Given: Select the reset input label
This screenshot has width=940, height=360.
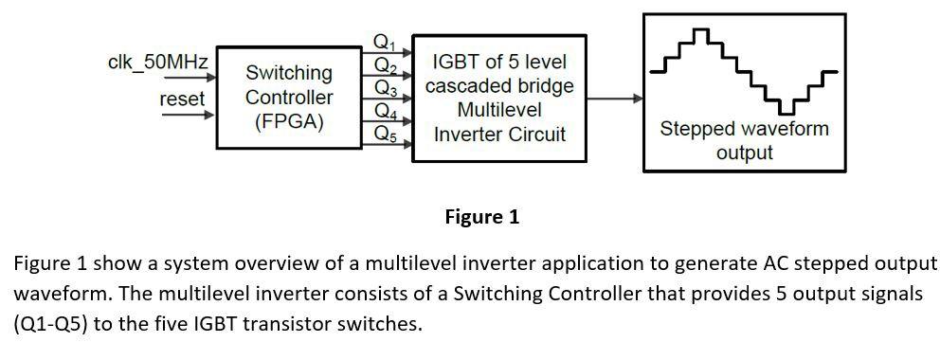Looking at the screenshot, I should [x=181, y=98].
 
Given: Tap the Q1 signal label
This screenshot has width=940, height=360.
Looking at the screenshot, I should [x=384, y=43].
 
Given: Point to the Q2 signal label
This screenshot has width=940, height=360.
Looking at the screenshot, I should [x=384, y=65].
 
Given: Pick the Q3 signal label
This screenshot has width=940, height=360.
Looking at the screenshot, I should [x=384, y=88].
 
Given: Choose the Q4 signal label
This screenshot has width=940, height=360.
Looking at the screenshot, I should [x=384, y=111].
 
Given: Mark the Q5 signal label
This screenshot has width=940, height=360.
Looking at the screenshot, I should [x=384, y=134].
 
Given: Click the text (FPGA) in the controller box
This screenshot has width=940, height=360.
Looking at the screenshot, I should [x=289, y=122].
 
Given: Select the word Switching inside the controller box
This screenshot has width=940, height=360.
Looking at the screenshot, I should [x=289, y=73].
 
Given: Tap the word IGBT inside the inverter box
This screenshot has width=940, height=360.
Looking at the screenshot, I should [x=453, y=63].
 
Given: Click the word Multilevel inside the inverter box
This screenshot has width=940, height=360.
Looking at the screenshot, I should [x=498, y=110].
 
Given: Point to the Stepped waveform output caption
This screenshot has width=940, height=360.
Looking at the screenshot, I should [x=744, y=140].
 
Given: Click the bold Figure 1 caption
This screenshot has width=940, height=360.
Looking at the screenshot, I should [x=481, y=217].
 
